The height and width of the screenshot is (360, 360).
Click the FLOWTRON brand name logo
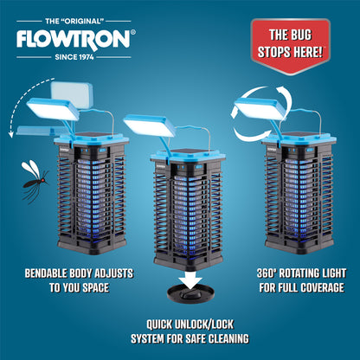pyautogui.click(x=74, y=39)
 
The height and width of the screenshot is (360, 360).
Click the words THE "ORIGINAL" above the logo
pyautogui.click(x=74, y=19)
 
